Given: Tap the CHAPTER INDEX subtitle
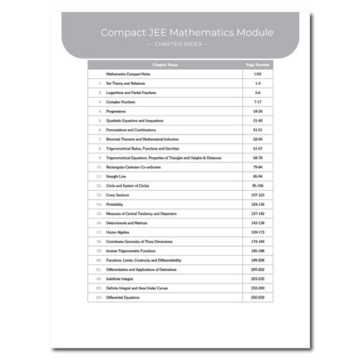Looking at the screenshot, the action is click(179, 45).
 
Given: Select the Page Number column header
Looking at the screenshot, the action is click(258, 66).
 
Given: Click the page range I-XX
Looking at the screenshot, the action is click(258, 74).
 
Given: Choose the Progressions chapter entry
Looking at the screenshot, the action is click(118, 112).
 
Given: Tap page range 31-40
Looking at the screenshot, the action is click(258, 121).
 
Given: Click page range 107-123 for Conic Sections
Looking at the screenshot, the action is click(258, 194).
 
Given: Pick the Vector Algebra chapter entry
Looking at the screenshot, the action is click(121, 231).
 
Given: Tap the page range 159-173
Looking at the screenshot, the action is click(258, 231).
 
